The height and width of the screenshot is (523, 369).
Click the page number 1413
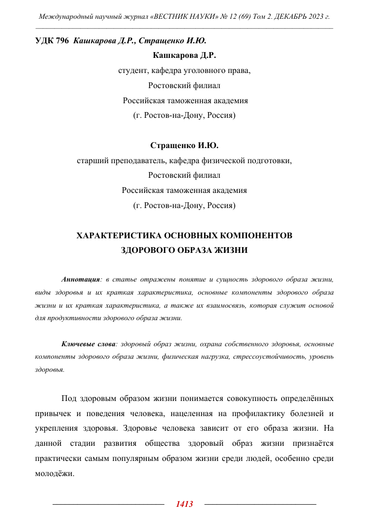(x=184, y=504)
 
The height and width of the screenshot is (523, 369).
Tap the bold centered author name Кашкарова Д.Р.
(x=184, y=54)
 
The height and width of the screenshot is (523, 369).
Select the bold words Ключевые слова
(x=89, y=344)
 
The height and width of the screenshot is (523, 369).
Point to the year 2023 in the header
(x=314, y=17)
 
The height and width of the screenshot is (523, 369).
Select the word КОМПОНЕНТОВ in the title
(x=255, y=236)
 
